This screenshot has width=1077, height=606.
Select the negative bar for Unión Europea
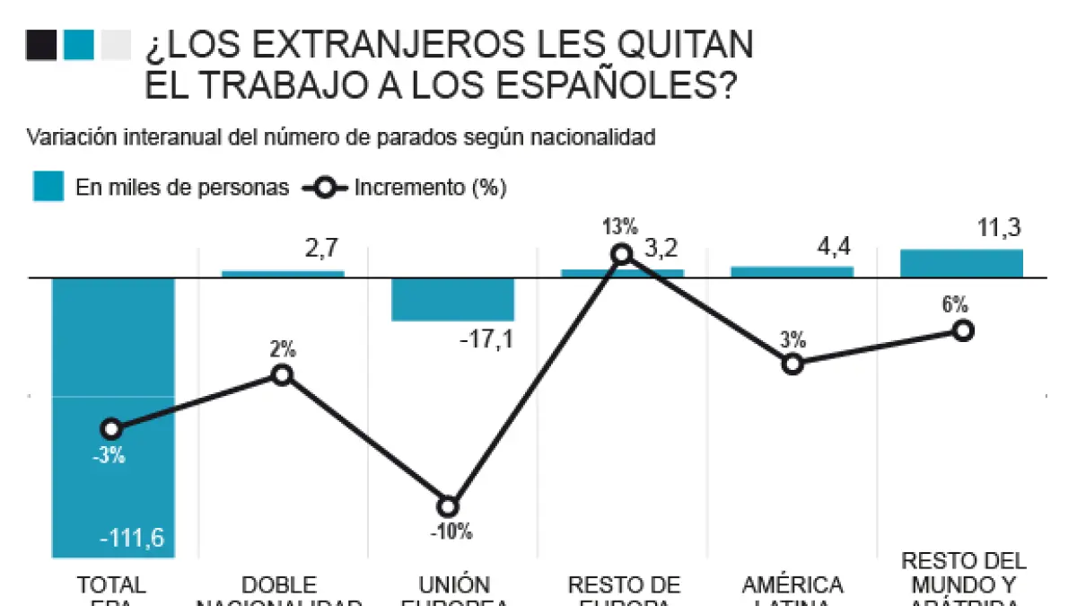click(453, 299)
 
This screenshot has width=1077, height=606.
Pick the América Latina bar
click(792, 272)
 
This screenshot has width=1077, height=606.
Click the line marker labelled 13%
click(621, 254)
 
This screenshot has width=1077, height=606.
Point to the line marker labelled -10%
click(450, 506)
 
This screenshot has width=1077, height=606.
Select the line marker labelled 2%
click(282, 374)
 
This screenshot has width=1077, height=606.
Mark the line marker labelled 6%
click(962, 330)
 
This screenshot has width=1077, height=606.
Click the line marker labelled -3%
click(111, 429)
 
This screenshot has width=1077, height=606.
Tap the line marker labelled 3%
click(792, 364)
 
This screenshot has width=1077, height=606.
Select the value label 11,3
click(1000, 228)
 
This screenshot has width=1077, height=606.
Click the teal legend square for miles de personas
click(48, 187)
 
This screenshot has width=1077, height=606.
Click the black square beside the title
click(41, 45)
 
